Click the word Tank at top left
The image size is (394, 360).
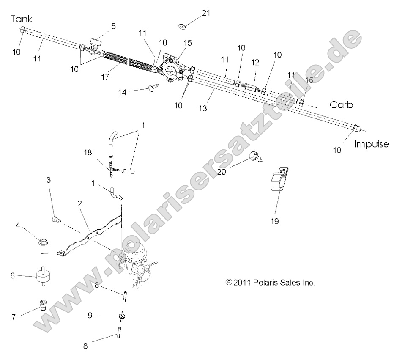point(22,19)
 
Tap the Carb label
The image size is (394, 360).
point(342,105)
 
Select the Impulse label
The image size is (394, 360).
point(371,144)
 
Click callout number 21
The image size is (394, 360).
point(205,13)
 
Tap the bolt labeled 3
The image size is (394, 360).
point(55,218)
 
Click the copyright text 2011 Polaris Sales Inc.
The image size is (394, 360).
point(271,282)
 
